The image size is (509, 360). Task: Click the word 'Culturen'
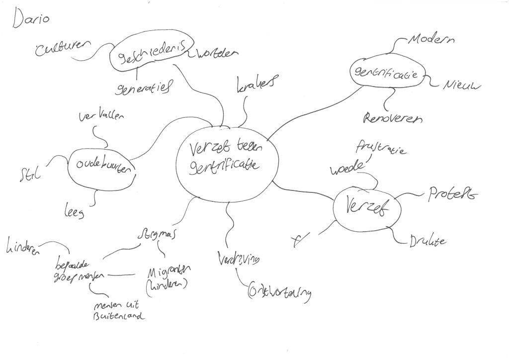pos(63,49)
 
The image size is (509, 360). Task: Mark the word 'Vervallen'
pos(102,117)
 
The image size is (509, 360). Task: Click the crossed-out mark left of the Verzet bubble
pos(298,241)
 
